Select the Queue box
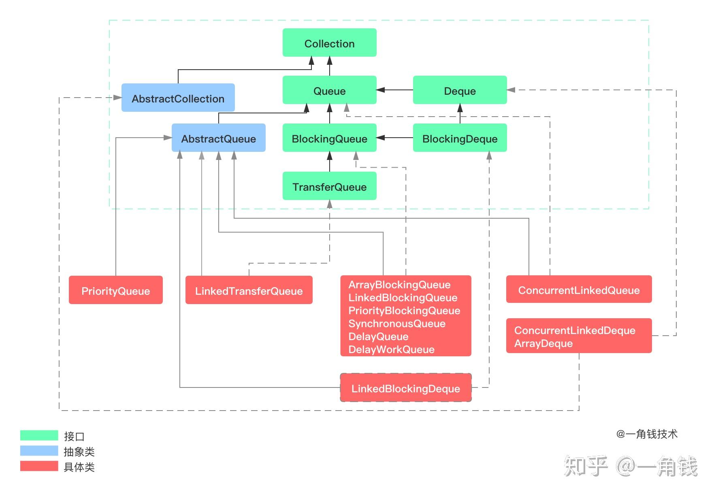[x=329, y=90]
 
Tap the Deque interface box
[x=460, y=90]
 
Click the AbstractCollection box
[x=178, y=98]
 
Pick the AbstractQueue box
[x=218, y=138]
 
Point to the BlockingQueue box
[x=329, y=138]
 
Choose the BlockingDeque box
[x=460, y=138]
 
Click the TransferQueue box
[x=329, y=186]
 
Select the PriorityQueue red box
[x=115, y=290]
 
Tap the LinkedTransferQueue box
[x=249, y=290]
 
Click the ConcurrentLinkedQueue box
[x=579, y=290]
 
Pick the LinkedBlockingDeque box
[x=405, y=388]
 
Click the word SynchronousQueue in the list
[x=396, y=324]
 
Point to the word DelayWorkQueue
[x=391, y=349]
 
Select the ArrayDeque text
[x=543, y=343]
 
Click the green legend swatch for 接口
[x=39, y=435]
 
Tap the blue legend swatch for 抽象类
[x=39, y=451]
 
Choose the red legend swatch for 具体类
[x=39, y=466]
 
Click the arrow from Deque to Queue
[x=395, y=90]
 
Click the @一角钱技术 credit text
[x=646, y=434]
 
